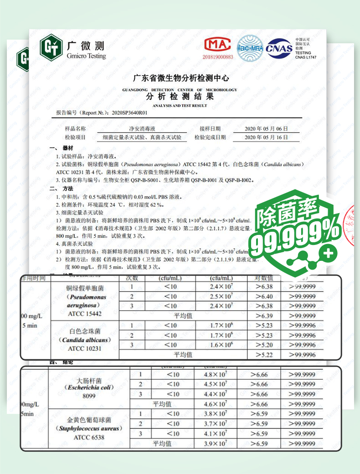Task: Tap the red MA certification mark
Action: click(218, 45)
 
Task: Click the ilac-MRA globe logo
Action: click(250, 47)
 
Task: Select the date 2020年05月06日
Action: click(266, 128)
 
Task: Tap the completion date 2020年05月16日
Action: click(266, 137)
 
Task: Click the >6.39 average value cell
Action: click(264, 316)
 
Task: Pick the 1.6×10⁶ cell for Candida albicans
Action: click(221, 345)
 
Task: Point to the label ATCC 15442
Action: click(85, 314)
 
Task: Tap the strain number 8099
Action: click(88, 397)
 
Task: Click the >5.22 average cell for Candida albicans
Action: click(264, 355)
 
